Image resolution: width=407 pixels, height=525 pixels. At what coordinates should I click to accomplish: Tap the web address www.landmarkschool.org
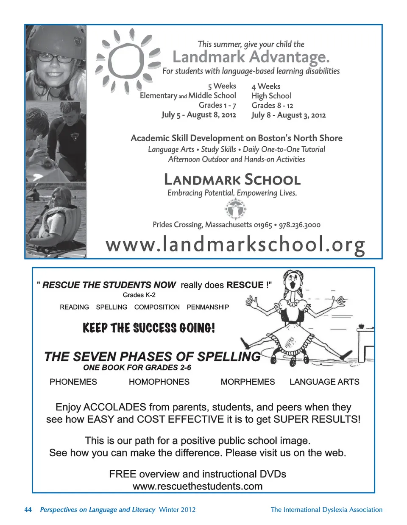tap(235, 245)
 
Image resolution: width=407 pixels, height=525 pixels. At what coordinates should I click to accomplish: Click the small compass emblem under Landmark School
tap(234, 209)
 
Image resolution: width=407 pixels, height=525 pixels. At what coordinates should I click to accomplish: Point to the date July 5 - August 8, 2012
tap(199, 114)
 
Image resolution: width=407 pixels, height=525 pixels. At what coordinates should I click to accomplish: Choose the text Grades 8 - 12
tap(272, 105)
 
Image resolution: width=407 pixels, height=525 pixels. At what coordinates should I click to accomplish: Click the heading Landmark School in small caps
tap(232, 180)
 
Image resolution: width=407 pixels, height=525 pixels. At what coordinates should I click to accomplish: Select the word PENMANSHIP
tap(208, 307)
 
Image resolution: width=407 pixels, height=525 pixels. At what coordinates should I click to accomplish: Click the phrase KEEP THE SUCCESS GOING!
tap(149, 328)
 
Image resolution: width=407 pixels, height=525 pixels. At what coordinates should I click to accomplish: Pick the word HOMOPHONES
tap(159, 382)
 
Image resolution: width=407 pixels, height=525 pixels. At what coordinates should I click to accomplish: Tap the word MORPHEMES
tap(248, 382)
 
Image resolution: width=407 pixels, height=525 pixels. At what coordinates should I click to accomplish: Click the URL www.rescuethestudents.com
tap(198, 486)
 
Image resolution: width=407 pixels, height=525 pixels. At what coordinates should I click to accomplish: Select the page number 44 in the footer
tap(28, 510)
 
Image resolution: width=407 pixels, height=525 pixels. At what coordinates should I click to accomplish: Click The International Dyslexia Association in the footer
tap(326, 510)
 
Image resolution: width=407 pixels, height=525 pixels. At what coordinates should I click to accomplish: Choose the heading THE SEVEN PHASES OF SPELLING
tap(153, 357)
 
